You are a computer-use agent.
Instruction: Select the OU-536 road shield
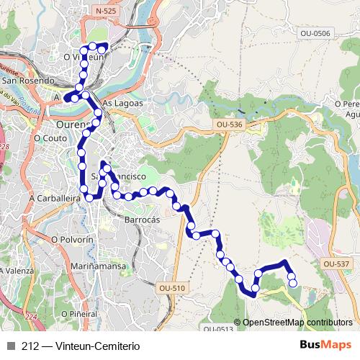(x=229, y=125)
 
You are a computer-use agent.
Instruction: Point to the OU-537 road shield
(x=336, y=264)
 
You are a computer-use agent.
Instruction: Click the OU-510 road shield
(x=171, y=288)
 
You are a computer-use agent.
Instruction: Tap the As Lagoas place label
(x=123, y=103)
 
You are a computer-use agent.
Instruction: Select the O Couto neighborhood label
(x=49, y=137)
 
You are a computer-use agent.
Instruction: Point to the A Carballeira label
(x=54, y=197)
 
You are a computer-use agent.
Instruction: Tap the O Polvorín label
(x=72, y=238)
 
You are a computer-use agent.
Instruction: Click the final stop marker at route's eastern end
(x=293, y=283)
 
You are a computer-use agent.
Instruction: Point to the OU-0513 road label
(x=217, y=329)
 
